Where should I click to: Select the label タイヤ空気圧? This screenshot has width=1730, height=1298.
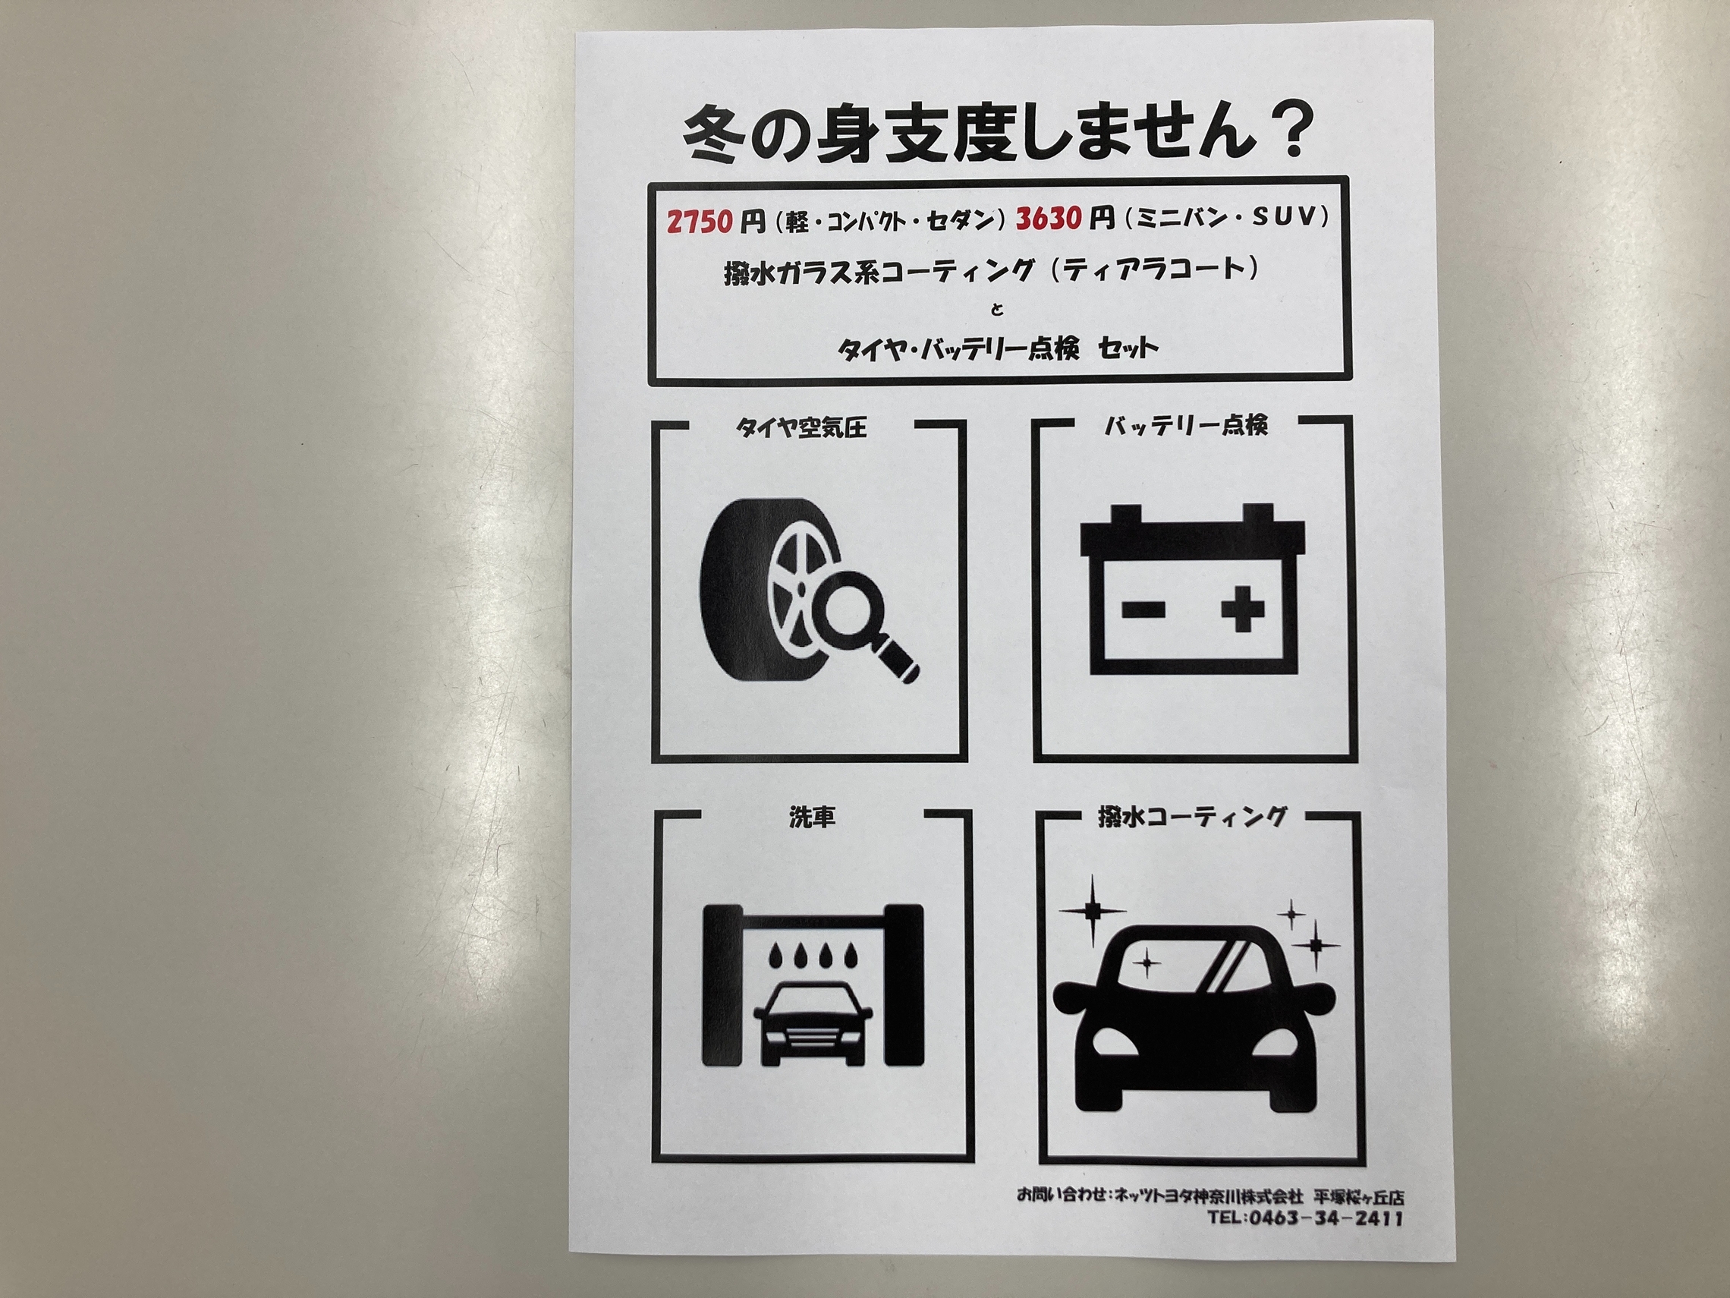point(803,428)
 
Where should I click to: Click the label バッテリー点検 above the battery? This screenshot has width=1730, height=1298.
point(1187,425)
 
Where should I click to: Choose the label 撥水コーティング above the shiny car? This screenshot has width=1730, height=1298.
point(1191,818)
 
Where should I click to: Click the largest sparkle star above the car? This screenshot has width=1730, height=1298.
point(1092,910)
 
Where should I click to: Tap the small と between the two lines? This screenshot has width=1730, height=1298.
point(996,309)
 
